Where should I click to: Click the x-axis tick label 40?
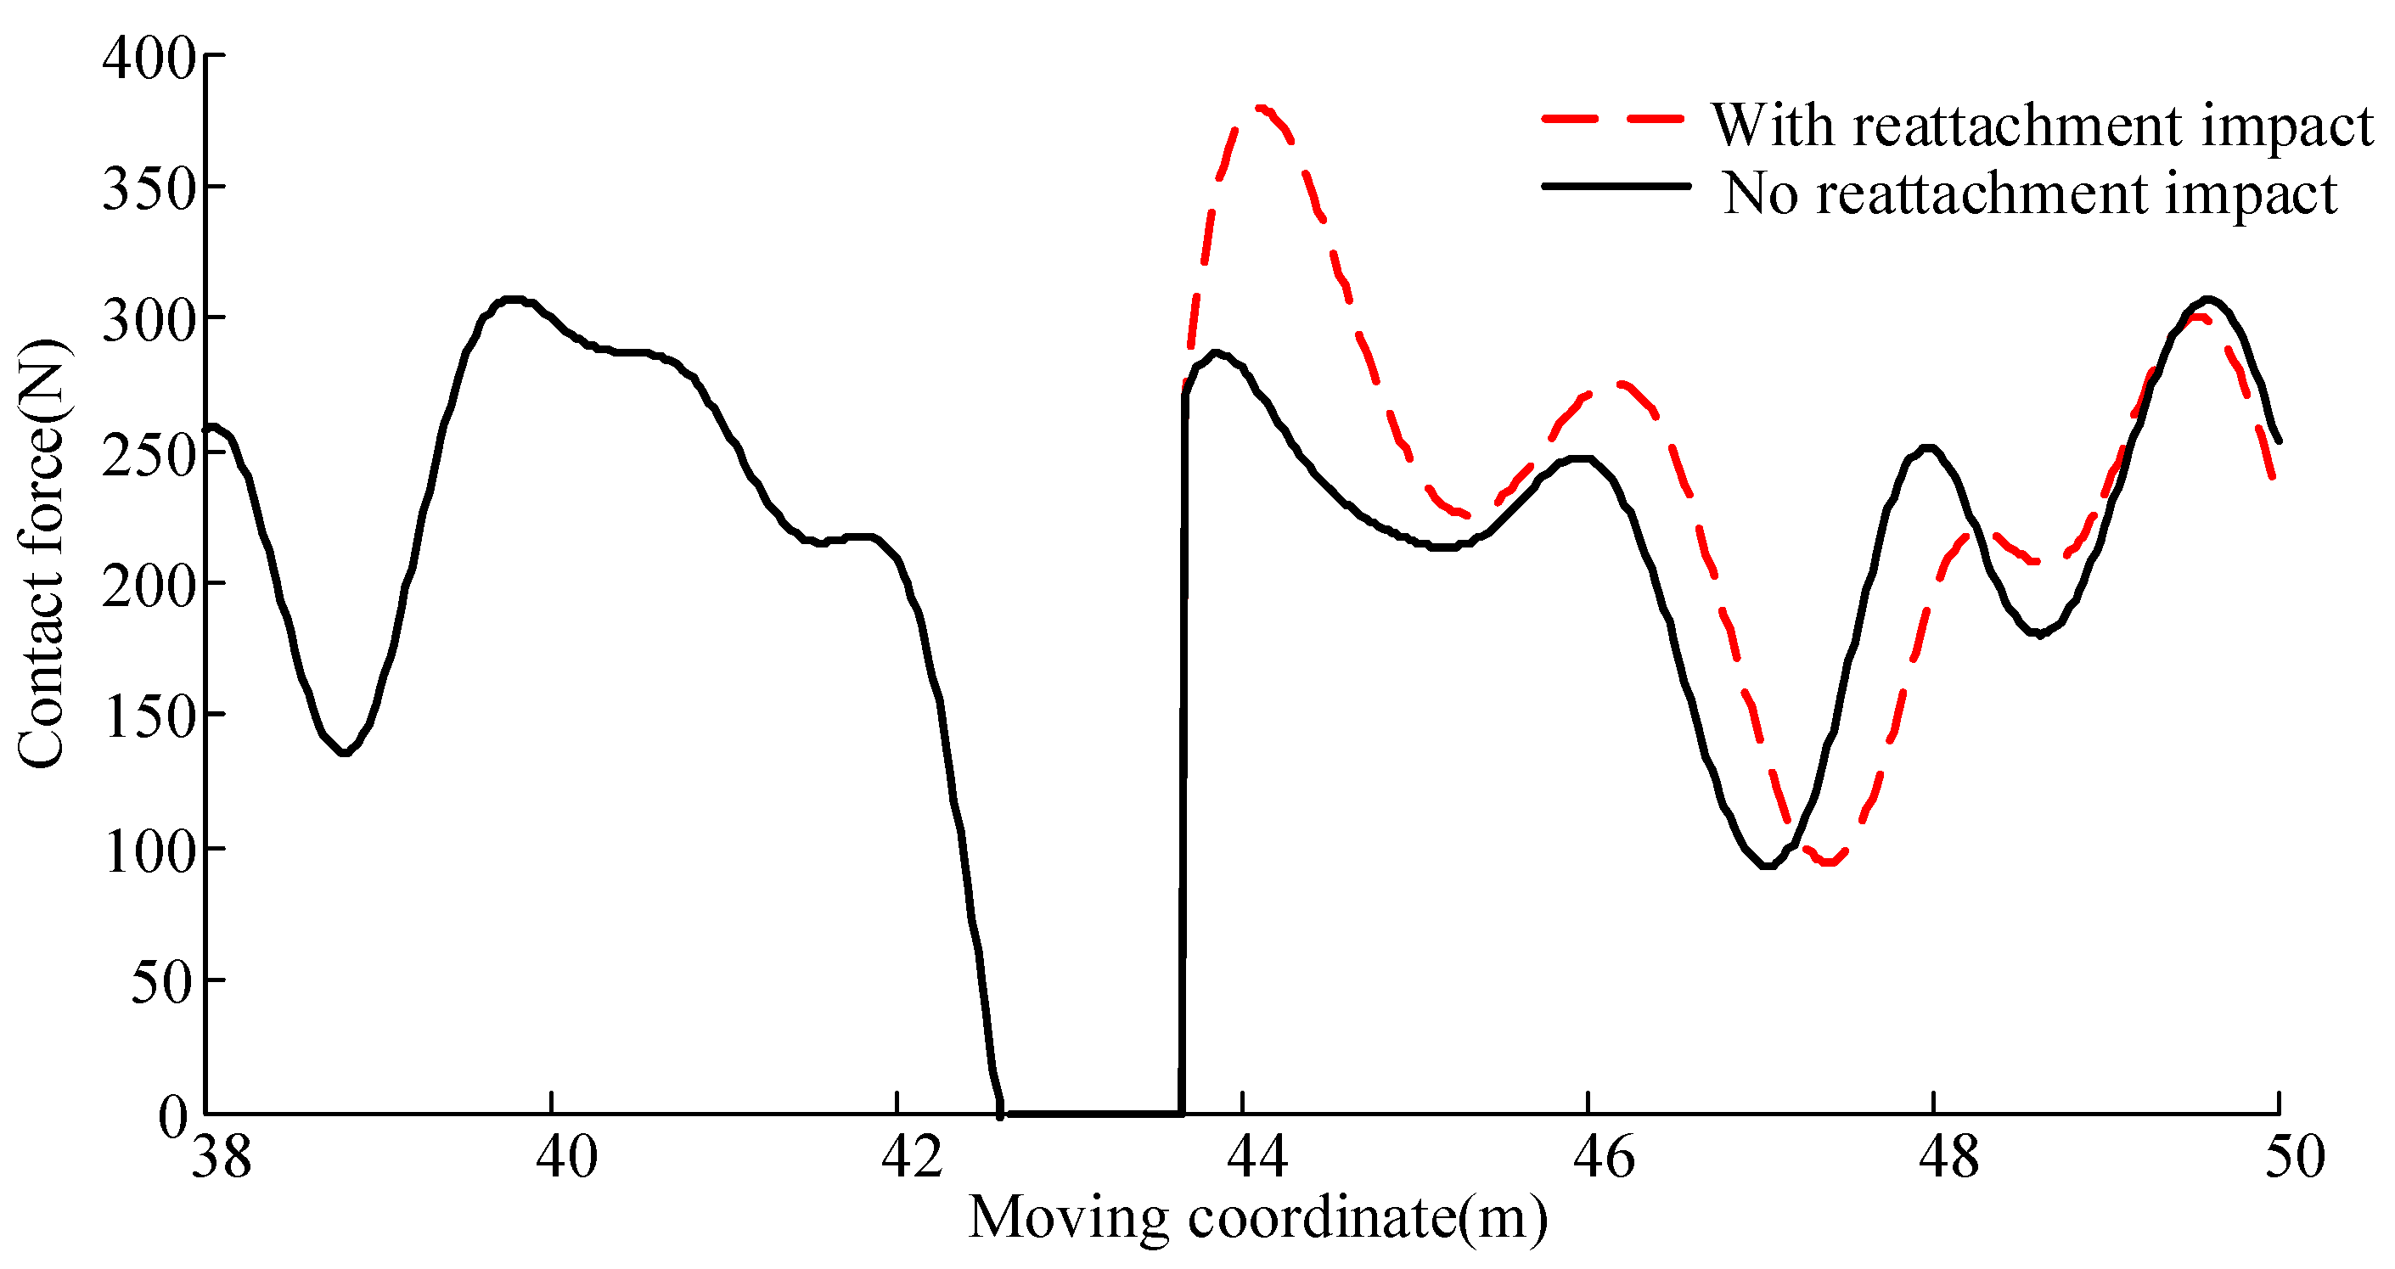(x=566, y=1159)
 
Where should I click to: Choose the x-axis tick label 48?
(x=1948, y=1159)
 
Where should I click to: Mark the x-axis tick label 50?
(x=2294, y=1159)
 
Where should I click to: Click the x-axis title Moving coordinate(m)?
(x=1257, y=1218)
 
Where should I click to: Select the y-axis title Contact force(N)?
(x=41, y=555)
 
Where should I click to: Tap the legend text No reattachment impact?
(x=2030, y=194)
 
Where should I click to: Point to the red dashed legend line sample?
(x=1613, y=119)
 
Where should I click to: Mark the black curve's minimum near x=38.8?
(x=344, y=752)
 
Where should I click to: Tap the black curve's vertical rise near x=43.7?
(x=1183, y=744)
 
